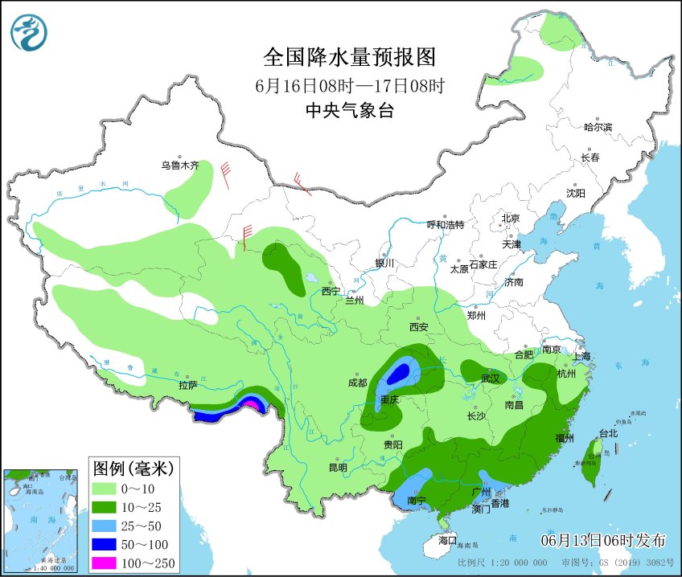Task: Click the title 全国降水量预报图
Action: pos(349,57)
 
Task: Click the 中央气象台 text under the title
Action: pos(349,111)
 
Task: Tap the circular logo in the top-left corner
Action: pos(29,33)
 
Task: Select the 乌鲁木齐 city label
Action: pos(179,166)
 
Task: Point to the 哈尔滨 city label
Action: pos(598,127)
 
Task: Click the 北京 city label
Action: pos(511,218)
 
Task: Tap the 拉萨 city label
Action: pos(189,385)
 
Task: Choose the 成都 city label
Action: pos(358,383)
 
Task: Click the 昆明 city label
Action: pos(338,468)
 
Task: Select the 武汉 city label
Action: pos(490,378)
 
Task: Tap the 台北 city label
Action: pos(608,433)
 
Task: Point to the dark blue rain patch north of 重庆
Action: pos(398,373)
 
